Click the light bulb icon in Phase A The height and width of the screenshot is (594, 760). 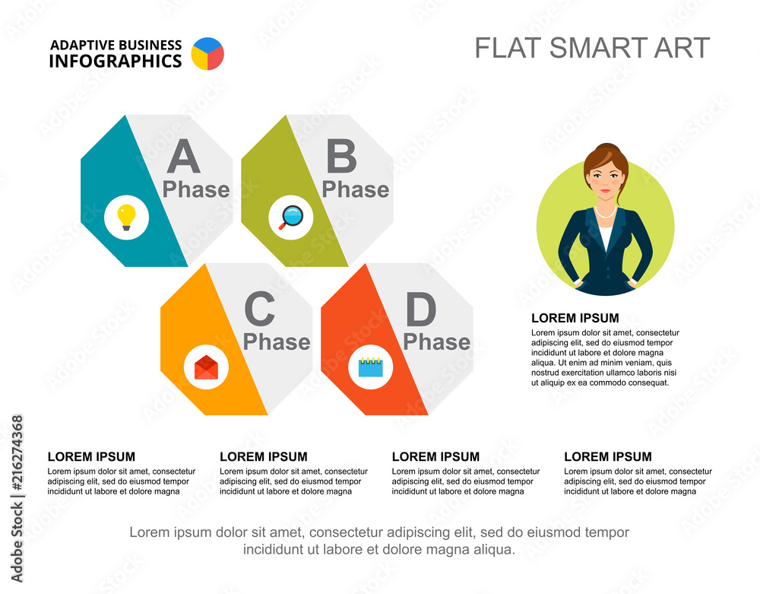[126, 217]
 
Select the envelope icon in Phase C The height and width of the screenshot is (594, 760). [206, 367]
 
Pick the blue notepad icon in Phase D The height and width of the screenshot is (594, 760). [371, 367]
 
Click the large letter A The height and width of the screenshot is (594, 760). [183, 157]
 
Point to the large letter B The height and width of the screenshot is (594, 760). [341, 157]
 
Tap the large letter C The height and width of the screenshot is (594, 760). [259, 310]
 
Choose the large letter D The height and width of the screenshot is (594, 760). [421, 310]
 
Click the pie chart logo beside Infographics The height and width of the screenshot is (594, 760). [207, 53]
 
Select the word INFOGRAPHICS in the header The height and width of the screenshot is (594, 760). [116, 61]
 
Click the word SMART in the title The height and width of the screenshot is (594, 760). [590, 48]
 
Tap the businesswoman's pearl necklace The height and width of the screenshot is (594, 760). [605, 212]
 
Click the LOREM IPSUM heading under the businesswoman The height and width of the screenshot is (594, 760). [575, 318]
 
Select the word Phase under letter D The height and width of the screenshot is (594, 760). [436, 342]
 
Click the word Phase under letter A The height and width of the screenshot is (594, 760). [196, 189]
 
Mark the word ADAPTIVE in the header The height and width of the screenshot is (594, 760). [81, 45]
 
